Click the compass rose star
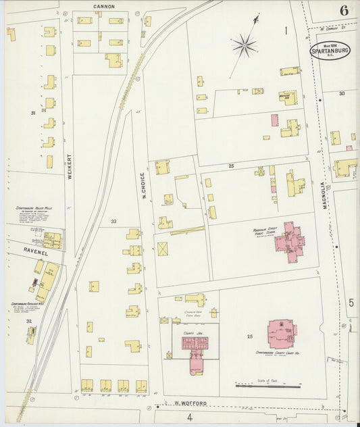point(244,46)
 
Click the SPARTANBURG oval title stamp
point(330,51)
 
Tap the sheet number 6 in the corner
point(344,10)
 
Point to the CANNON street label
point(104,6)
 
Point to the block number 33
point(113,222)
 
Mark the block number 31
point(32,113)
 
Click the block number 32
point(29,321)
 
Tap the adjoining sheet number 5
point(351,303)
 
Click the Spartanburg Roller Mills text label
point(34,208)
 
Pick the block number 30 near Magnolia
point(342,93)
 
